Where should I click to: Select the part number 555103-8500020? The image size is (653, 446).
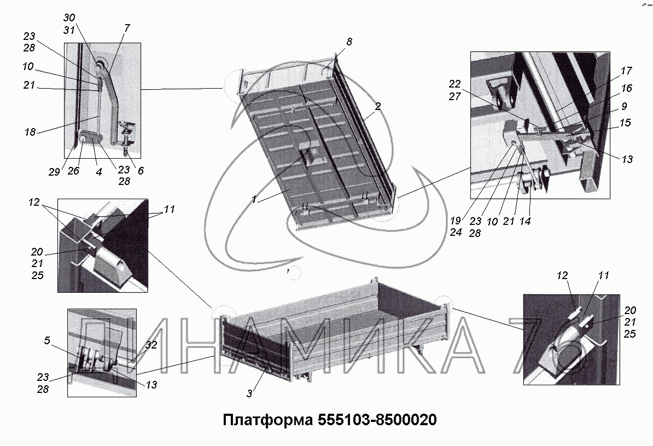coord(377,420)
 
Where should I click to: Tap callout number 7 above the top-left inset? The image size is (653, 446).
coord(126,28)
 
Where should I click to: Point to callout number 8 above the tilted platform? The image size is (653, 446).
coord(349,42)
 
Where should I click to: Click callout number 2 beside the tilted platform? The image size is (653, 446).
coord(377,106)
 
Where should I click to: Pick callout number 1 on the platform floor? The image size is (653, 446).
coord(254,200)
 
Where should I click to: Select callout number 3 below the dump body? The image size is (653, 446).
coord(249,393)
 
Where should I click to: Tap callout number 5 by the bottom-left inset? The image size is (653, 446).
coord(47,340)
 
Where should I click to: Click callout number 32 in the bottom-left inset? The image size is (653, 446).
coord(151,345)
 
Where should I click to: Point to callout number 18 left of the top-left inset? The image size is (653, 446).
coord(30,132)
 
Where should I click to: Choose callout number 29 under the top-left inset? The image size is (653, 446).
coord(54,171)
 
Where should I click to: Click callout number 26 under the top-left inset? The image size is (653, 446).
coord(73,171)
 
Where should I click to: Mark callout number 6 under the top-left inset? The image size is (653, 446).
coord(141,171)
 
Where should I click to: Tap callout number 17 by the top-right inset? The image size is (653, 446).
coord(626,71)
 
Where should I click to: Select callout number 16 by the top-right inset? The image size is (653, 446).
coord(626,88)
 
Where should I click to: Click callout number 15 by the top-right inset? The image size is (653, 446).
coord(625,123)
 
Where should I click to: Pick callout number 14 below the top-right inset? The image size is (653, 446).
coord(524,221)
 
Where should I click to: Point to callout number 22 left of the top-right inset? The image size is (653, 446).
coord(455,84)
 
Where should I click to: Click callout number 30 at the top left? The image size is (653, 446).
coord(69,18)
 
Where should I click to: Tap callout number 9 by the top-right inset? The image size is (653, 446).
coord(624,106)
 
